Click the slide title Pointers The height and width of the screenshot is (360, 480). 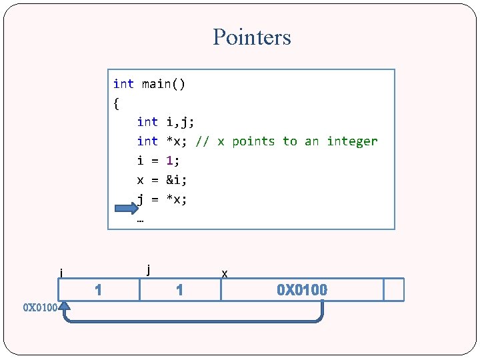click(x=252, y=37)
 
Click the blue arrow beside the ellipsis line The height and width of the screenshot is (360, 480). click(x=126, y=209)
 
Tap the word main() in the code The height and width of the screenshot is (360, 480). click(x=163, y=84)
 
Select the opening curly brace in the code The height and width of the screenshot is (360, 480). click(x=117, y=103)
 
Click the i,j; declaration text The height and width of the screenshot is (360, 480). click(x=180, y=122)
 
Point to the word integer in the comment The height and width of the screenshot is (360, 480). click(x=352, y=141)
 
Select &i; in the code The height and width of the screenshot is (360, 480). click(x=177, y=180)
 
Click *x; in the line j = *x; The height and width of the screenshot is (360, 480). click(x=177, y=199)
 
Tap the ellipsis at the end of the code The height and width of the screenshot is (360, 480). click(x=141, y=218)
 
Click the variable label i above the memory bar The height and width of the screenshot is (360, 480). click(x=61, y=272)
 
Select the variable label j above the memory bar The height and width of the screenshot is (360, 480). click(x=148, y=269)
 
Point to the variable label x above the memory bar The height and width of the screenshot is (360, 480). click(x=225, y=273)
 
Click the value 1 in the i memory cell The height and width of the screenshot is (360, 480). click(x=98, y=290)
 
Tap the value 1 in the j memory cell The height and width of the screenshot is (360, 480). click(x=179, y=290)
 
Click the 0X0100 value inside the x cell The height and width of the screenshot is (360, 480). click(x=302, y=290)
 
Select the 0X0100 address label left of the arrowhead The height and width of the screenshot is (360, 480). click(x=40, y=308)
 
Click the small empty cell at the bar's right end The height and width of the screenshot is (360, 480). click(x=394, y=290)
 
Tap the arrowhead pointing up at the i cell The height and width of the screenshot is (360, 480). click(x=65, y=307)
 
